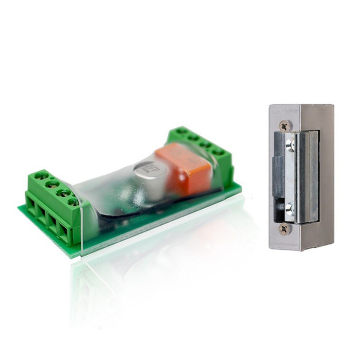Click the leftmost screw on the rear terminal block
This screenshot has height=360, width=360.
pos(181,132)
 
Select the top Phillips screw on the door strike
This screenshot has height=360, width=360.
pos(284,125)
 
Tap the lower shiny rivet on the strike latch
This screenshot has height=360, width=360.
pos(290,208)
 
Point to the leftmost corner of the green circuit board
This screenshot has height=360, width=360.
pos(20,208)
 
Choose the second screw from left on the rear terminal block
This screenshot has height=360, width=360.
pos(193,138)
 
